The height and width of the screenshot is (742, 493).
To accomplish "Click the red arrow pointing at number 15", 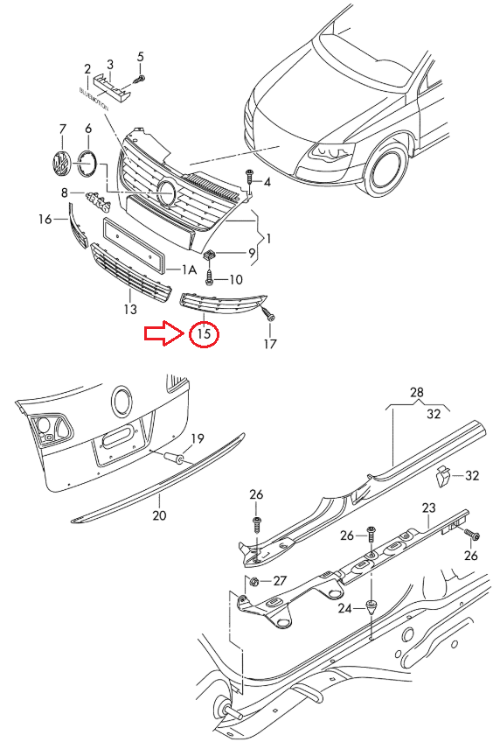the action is pos(164,333).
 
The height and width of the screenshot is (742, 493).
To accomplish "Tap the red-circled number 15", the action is pos(204,333).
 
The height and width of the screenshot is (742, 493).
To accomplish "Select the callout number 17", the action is pos(270,344).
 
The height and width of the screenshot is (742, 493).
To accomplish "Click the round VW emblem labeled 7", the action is pos(60,164).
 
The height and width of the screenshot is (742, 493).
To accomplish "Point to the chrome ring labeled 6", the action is pos(87,163).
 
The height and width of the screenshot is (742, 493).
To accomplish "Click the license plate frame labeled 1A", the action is pos(134,246).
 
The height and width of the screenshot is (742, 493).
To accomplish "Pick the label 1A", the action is pos(189,269).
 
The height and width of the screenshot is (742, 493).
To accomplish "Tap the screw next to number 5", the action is pos(141,79).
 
